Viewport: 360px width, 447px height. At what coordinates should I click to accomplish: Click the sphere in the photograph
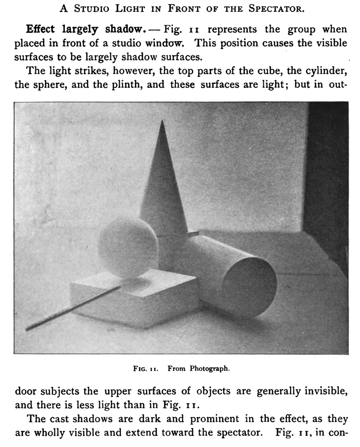128,246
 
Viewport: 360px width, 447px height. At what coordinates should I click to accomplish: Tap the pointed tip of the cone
163,122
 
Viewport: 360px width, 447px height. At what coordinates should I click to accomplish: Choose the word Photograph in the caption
209,368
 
